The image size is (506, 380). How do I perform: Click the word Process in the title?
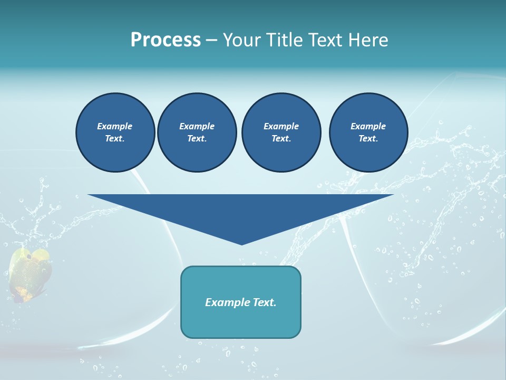[166, 40]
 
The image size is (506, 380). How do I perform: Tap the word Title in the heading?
[285, 40]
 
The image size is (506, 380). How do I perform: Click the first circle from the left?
[115, 132]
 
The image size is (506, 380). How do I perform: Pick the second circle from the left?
[197, 132]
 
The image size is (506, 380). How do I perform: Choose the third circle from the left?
[281, 132]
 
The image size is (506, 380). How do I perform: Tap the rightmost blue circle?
[368, 132]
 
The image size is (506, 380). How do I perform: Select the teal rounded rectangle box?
[241, 302]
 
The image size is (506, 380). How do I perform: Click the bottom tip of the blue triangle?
[241, 243]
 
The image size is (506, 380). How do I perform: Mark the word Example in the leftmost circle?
[115, 126]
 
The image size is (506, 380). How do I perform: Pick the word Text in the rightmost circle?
[368, 138]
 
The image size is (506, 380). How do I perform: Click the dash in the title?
[211, 40]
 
